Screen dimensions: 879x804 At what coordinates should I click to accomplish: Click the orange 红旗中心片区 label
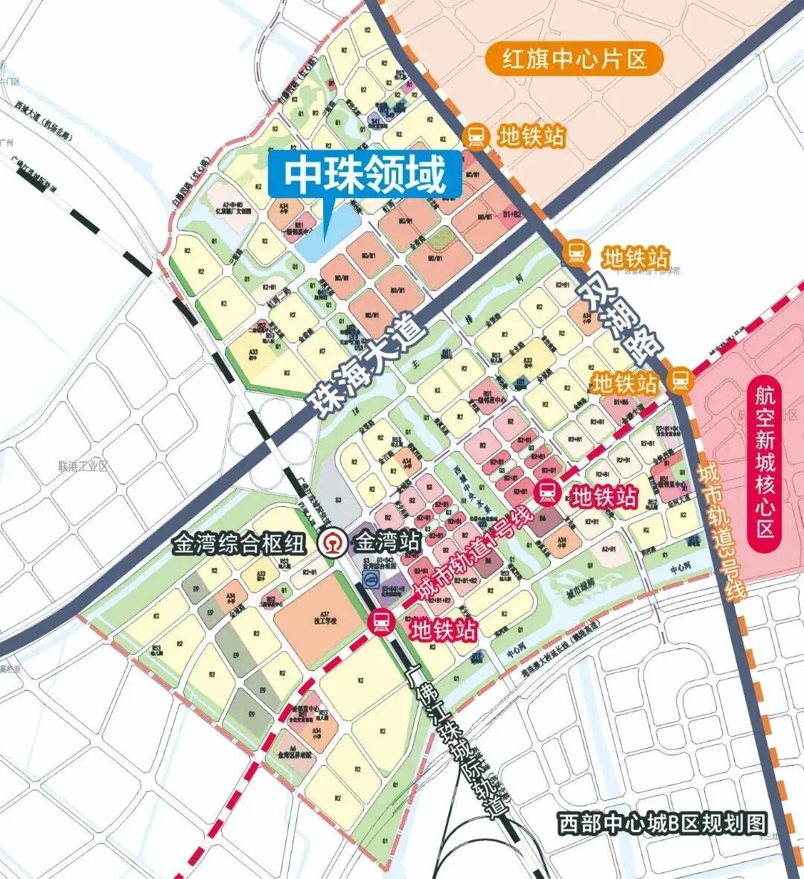[573, 59]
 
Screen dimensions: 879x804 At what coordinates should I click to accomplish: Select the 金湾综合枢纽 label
[239, 543]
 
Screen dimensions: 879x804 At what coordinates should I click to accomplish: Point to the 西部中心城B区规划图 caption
[663, 824]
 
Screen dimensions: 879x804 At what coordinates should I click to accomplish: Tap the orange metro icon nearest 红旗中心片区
[475, 136]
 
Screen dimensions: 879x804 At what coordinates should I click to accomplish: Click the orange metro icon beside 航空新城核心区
[679, 380]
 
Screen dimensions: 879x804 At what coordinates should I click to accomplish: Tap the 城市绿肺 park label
[580, 593]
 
